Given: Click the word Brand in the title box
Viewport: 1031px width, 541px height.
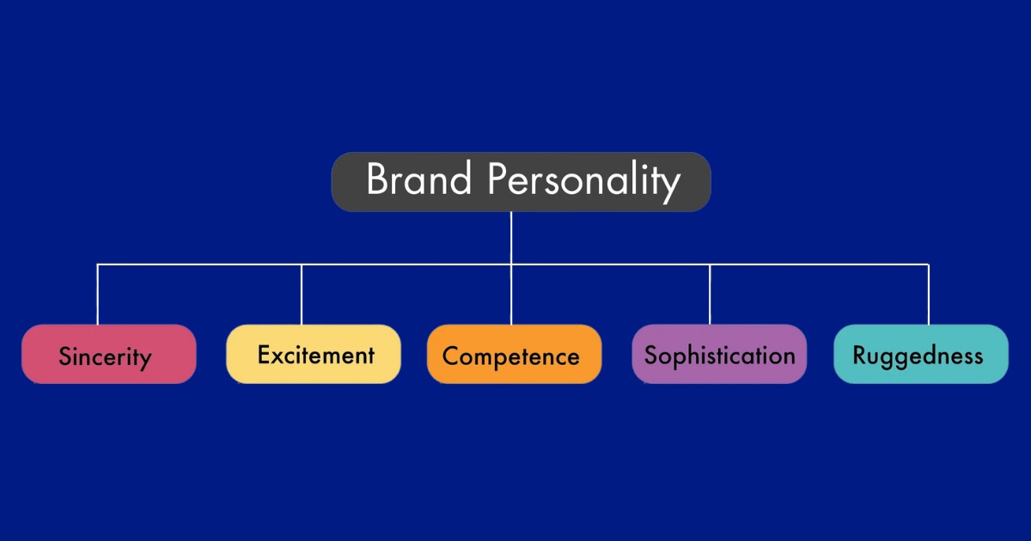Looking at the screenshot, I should tap(418, 180).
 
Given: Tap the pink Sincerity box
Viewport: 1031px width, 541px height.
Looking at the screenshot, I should tap(109, 354).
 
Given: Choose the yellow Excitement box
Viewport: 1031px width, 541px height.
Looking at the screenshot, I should tap(314, 354).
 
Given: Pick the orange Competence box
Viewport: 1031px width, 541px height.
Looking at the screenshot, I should tap(514, 354).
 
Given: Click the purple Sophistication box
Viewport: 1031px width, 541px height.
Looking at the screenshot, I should tap(719, 354).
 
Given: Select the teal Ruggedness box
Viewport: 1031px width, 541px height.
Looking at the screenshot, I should tap(921, 354).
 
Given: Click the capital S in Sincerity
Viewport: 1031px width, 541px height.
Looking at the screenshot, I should tap(65, 356).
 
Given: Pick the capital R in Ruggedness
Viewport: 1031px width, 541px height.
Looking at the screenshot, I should tap(859, 355).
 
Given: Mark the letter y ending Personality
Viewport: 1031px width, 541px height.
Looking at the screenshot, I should tap(671, 185).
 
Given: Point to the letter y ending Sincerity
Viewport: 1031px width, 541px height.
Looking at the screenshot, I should tap(145, 360).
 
